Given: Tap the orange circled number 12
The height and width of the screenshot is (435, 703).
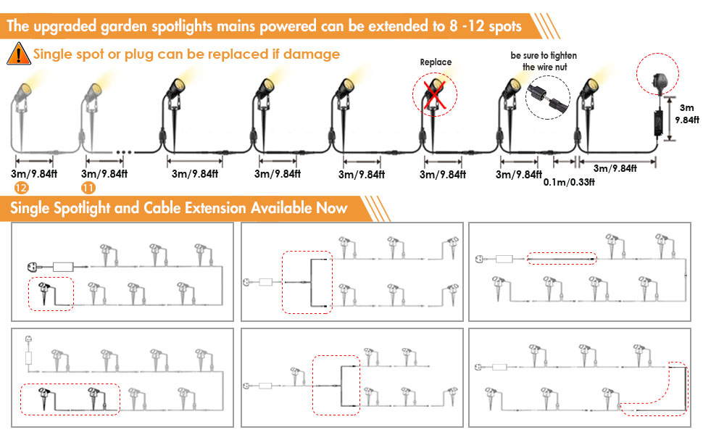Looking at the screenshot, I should [x=22, y=187].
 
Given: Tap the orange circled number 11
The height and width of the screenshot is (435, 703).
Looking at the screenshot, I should [x=89, y=187].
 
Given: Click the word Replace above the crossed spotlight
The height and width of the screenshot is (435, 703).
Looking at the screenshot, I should [x=436, y=62].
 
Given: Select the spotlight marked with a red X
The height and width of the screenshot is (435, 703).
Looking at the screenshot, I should [x=435, y=94].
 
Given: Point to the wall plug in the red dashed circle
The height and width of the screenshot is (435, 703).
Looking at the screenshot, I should [x=656, y=72].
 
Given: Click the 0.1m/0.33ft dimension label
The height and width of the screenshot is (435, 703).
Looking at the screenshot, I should [x=569, y=183].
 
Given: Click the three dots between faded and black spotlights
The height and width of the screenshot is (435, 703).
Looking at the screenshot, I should [x=123, y=152].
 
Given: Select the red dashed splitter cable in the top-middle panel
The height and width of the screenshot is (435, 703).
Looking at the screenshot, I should [x=307, y=283].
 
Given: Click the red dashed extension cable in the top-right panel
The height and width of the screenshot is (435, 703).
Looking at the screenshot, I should [x=561, y=258].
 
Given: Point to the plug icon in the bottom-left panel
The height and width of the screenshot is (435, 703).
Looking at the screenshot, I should [x=29, y=338].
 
